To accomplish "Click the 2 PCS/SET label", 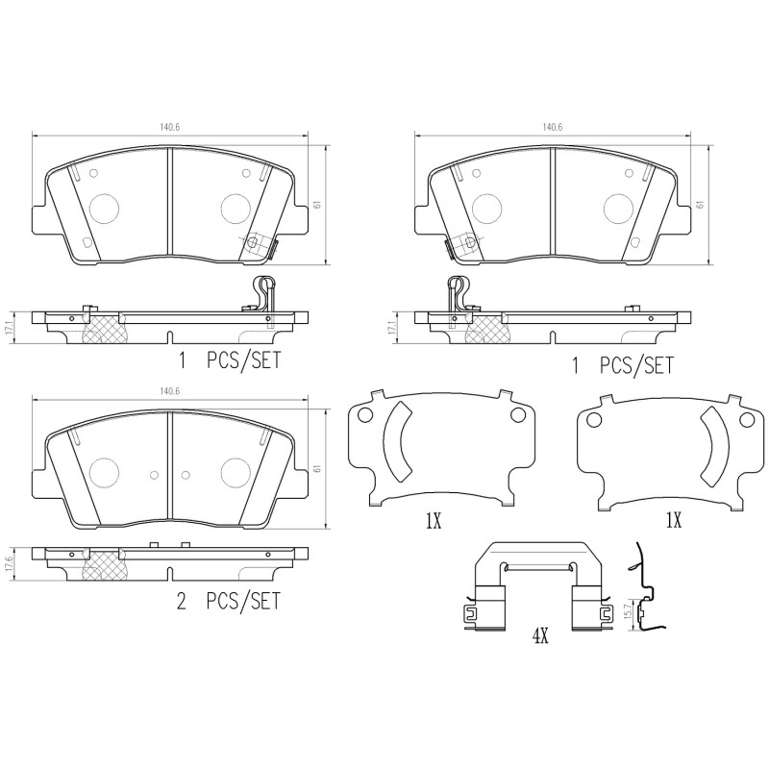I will [x=229, y=602].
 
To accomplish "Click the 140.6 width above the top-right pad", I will [x=552, y=127].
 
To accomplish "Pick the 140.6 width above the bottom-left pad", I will [x=169, y=390].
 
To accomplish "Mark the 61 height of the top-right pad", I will [x=702, y=204].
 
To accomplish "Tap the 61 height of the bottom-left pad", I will [x=316, y=468].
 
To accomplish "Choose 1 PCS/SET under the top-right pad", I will [x=622, y=365].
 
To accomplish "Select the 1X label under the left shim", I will [x=433, y=522].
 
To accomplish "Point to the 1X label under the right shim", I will [x=673, y=522].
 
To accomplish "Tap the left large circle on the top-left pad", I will [x=103, y=207].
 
